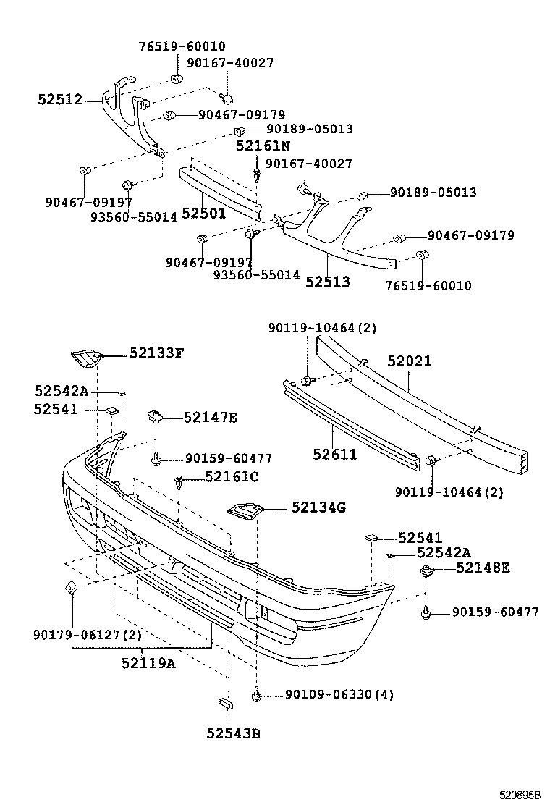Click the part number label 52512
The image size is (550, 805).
point(59,100)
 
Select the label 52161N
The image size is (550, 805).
point(263,146)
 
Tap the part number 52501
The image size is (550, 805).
point(203,213)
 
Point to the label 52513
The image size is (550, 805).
point(327,282)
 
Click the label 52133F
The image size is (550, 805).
point(157,353)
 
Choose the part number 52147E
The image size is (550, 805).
point(210,417)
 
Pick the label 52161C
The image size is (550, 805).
point(231,476)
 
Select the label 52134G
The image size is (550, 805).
point(318,507)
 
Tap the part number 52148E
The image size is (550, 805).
point(483,568)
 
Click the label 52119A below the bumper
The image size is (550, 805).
point(148,662)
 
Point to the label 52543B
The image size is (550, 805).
point(233,733)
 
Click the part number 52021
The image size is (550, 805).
point(409,361)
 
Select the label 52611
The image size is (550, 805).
point(334,454)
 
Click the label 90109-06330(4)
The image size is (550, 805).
point(339,694)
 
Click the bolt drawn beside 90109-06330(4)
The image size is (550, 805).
point(256,694)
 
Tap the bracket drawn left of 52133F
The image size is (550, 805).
point(86,356)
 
